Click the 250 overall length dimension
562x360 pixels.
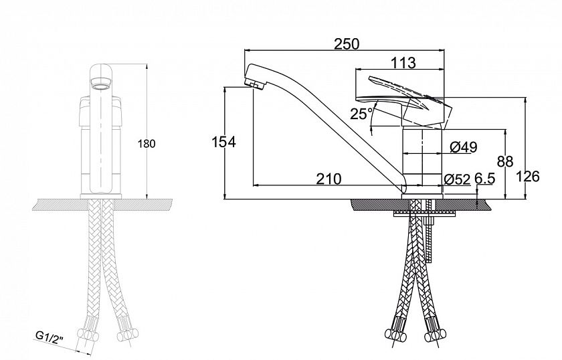point(347,44)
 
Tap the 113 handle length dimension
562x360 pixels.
point(403,63)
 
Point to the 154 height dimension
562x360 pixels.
point(223,142)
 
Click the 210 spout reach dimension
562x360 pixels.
point(329,179)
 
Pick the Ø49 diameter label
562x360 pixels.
point(464,147)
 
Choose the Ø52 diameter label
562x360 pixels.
point(456,179)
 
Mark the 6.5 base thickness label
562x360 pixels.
point(484,178)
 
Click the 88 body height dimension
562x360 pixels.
point(505,162)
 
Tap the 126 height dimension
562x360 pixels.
point(528,177)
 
